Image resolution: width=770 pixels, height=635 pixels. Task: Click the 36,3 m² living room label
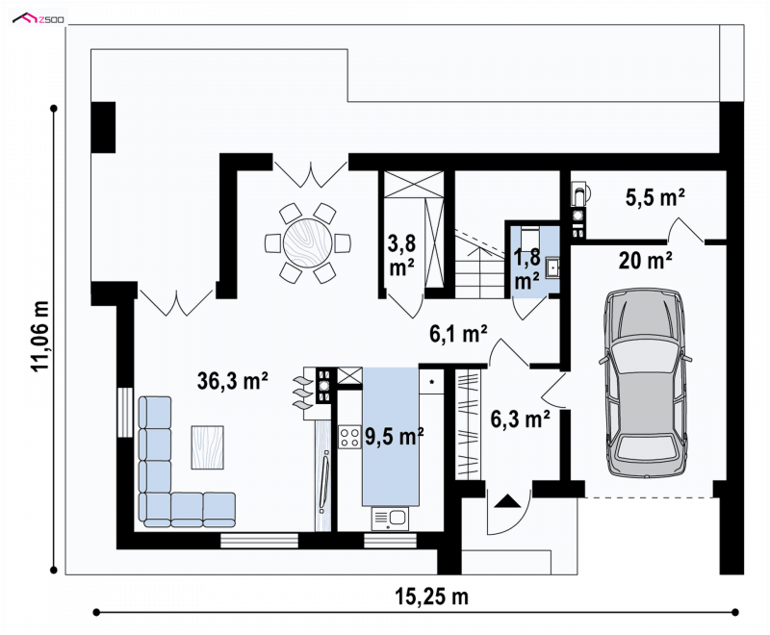coord(232,381)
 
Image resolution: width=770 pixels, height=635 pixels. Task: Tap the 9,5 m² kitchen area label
coord(395,436)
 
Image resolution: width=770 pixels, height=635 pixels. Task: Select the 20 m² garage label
coord(645,260)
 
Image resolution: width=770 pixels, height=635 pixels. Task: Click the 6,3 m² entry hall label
coord(520,419)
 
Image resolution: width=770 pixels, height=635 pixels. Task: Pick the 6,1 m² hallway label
coord(458,334)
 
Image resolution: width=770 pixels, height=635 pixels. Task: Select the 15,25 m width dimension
coord(432,597)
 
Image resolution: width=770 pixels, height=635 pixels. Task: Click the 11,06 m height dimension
coord(39,336)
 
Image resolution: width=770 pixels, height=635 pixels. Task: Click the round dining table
coord(308,242)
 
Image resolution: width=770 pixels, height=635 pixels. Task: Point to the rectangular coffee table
coord(207,447)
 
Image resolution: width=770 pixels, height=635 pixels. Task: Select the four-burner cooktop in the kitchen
coord(349,437)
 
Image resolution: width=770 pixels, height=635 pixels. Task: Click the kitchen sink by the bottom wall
coord(391,519)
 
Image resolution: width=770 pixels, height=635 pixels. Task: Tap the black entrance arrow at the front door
coord(507,501)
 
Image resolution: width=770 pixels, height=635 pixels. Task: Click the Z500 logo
coord(38,19)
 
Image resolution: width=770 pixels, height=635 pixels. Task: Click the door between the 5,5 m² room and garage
coord(686,230)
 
